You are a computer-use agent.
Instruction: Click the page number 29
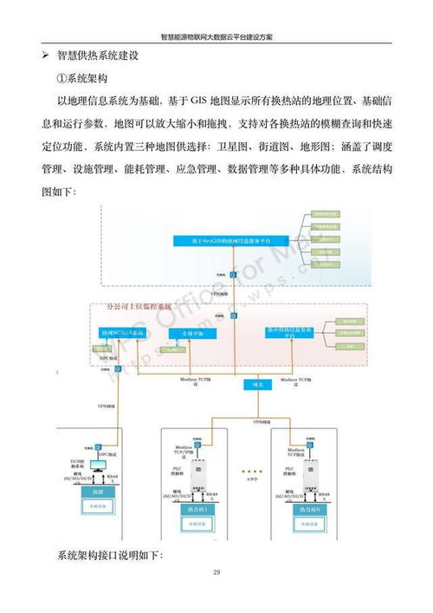click(x=216, y=572)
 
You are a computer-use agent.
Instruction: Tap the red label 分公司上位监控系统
click(x=145, y=307)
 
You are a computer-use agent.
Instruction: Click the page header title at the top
click(x=216, y=36)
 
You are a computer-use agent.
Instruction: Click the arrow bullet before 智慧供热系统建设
click(x=46, y=55)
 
